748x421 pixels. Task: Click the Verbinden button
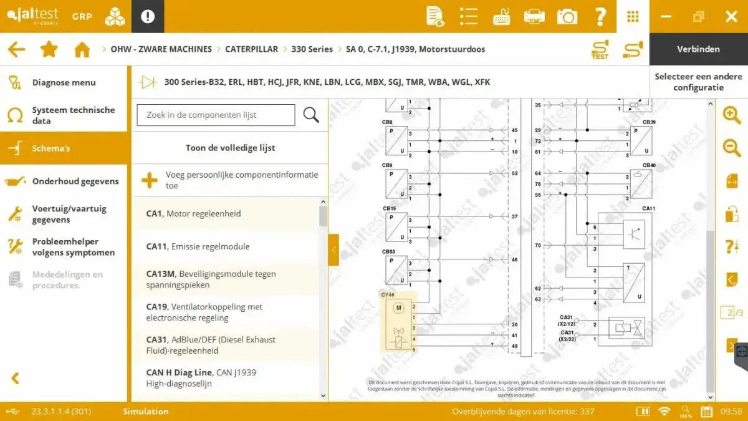[698, 49]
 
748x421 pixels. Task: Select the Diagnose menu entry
[64, 82]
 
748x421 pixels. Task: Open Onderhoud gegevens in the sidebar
[75, 181]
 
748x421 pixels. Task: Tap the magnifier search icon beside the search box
[311, 115]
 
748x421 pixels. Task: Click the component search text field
[216, 115]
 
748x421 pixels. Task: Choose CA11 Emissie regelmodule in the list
[198, 246]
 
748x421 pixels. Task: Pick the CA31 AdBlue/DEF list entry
[211, 345]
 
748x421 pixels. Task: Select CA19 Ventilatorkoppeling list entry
[204, 312]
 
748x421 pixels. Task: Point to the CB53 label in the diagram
[388, 252]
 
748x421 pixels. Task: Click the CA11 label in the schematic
[648, 208]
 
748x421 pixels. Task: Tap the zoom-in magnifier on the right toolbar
[731, 115]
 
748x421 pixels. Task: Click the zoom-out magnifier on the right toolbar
[731, 148]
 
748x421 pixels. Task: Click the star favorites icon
[49, 49]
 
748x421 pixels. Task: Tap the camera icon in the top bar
[567, 16]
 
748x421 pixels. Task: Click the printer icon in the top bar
[534, 16]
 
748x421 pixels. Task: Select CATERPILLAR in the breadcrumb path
[251, 49]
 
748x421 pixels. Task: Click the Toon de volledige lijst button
[230, 148]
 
